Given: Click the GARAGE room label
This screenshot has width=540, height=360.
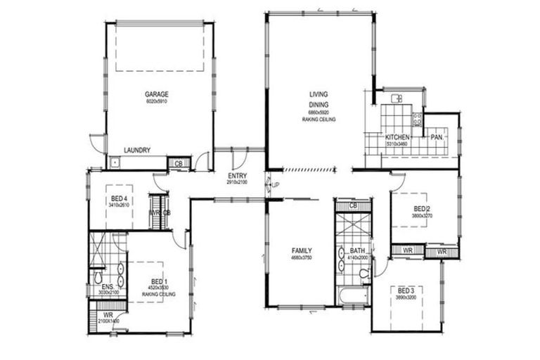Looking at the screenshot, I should click(157, 94).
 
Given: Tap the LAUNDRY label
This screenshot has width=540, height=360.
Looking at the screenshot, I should click(136, 150).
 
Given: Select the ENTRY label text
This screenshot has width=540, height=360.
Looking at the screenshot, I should click(237, 176).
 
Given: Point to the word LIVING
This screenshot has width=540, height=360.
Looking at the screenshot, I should click(319, 94).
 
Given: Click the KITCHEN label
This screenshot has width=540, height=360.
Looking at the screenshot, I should click(397, 136).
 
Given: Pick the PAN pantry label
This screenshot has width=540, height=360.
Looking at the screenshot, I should click(436, 137).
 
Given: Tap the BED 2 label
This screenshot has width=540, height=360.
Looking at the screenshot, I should click(421, 209).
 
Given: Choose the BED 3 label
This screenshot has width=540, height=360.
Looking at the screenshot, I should click(406, 291).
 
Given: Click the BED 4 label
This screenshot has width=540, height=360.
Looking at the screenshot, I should click(118, 199).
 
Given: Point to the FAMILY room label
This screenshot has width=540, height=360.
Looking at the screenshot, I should click(302, 251).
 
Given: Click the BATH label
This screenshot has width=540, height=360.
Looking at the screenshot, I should click(357, 251).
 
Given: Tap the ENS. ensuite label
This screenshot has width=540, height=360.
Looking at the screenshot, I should click(107, 287).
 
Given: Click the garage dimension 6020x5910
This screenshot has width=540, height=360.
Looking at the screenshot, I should click(157, 103).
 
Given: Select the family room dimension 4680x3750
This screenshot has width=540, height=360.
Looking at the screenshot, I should click(302, 259).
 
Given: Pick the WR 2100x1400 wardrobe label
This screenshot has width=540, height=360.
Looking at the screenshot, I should click(108, 318).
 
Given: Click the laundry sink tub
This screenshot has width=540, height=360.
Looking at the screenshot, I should click(116, 163).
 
